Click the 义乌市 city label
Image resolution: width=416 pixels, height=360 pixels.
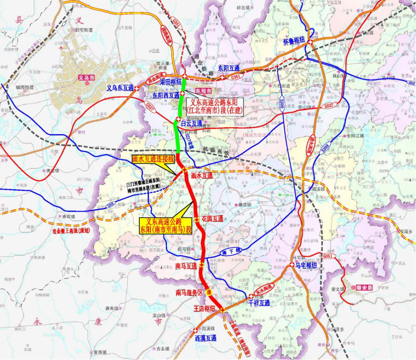(87, 78)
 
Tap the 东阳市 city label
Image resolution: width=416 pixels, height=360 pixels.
(204, 90)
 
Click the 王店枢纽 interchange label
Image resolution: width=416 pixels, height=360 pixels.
(204, 308)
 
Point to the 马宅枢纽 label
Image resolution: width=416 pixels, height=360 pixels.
(306, 265)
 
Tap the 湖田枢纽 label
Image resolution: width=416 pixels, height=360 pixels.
(171, 82)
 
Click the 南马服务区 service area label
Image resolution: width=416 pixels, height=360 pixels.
(189, 293)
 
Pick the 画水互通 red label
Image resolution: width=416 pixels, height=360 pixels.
(202, 176)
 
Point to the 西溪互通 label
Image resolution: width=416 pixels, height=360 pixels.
(206, 338)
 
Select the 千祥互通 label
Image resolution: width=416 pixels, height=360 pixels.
(259, 303)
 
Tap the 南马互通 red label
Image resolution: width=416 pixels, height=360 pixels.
(186, 266)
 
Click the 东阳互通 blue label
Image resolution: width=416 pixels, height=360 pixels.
(229, 68)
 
